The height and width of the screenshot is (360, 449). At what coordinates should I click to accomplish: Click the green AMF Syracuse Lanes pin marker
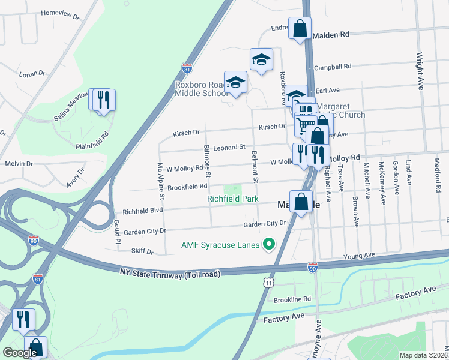click(269, 244)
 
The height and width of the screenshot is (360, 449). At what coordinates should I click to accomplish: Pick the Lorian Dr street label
click(32, 74)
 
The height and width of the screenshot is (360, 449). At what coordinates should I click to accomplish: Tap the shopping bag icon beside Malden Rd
click(300, 28)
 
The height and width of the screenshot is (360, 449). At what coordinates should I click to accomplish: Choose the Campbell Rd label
click(332, 67)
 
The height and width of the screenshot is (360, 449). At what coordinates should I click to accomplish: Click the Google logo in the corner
click(20, 353)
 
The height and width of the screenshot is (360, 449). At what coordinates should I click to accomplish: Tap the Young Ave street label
click(359, 256)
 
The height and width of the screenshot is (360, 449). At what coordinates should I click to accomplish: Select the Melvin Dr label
click(19, 163)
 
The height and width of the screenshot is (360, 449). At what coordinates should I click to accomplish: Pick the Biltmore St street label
click(207, 161)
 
